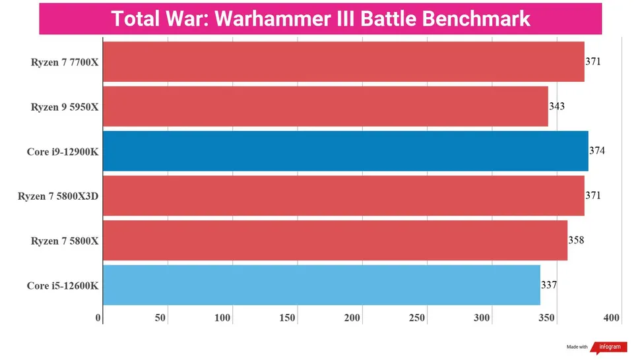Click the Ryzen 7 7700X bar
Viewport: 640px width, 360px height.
point(343,62)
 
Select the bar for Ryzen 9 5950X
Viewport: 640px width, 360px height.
point(325,106)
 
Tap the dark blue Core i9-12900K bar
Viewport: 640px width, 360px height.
point(345,151)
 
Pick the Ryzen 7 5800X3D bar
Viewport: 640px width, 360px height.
point(343,195)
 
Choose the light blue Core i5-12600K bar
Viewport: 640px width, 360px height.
point(321,285)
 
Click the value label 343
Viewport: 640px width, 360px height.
point(557,105)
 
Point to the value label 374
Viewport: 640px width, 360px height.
point(597,150)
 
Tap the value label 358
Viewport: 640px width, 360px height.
point(576,240)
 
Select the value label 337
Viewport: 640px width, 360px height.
point(549,285)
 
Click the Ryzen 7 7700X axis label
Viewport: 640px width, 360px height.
point(65,63)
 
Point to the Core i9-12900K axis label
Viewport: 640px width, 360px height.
point(63,152)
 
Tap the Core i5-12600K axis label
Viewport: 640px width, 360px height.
point(63,285)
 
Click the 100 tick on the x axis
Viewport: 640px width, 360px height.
point(222,318)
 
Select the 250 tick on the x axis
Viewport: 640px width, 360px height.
point(417,318)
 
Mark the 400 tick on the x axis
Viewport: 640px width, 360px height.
point(612,318)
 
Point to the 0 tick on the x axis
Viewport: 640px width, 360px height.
point(99,318)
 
